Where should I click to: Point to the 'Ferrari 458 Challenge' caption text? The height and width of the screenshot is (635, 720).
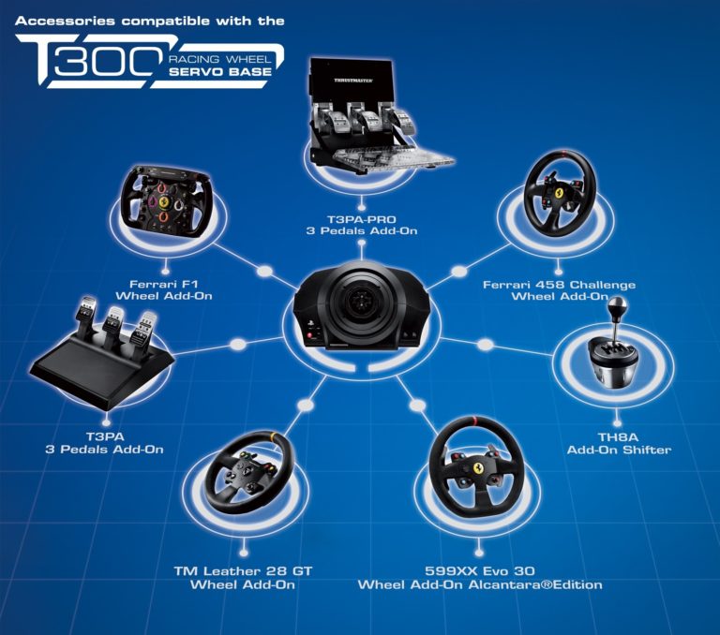559,285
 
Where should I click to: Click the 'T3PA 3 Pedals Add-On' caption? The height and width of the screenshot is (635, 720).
104,442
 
